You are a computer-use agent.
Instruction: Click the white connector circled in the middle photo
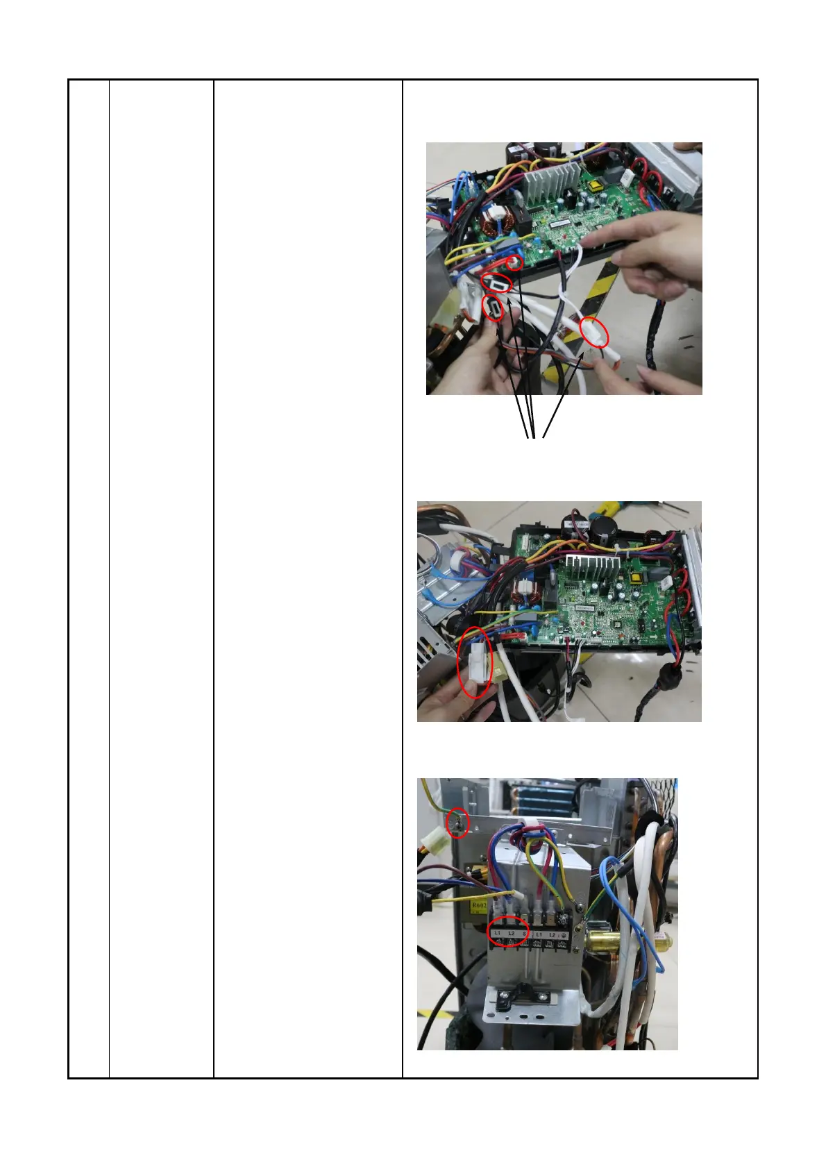click(x=477, y=664)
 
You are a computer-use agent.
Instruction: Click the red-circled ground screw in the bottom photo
click(x=458, y=823)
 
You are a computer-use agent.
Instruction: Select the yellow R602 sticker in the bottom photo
click(x=478, y=906)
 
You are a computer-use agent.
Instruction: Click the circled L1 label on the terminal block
click(x=498, y=932)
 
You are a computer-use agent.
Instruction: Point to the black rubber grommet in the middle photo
click(x=670, y=674)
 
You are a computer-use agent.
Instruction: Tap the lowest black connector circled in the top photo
click(x=493, y=308)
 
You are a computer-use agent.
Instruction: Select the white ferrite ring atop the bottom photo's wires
click(x=529, y=825)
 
